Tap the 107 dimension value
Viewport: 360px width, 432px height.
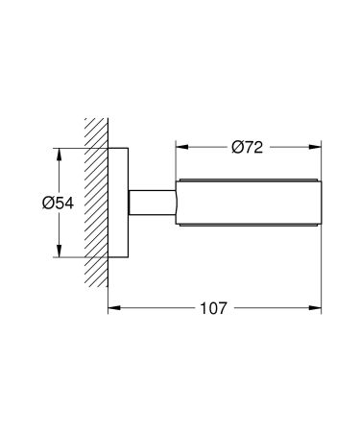213,308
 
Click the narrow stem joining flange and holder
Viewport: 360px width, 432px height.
149,204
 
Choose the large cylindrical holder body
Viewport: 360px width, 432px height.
247,204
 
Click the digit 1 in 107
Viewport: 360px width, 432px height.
204,308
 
